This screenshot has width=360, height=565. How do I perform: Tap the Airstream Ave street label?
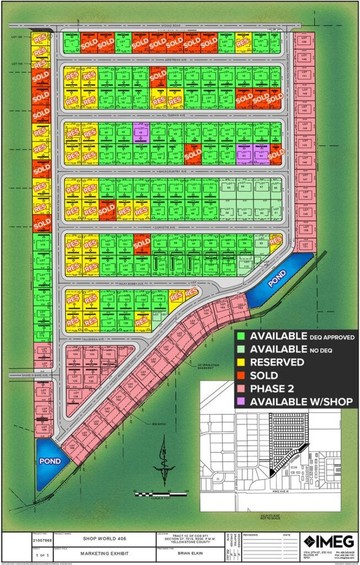coord(170,58)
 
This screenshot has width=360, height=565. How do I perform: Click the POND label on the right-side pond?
coord(277,280)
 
